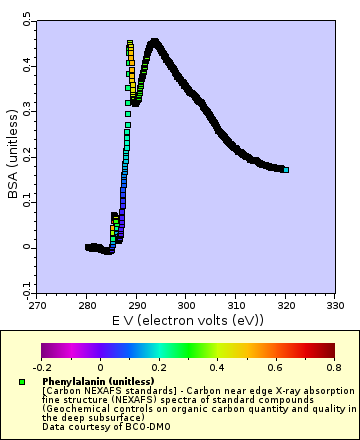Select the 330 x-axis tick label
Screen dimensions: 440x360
335,305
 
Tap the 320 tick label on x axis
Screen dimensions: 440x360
285,305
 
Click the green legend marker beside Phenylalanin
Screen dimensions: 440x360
21,382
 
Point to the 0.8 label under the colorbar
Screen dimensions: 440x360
334,367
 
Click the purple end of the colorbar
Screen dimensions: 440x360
44,350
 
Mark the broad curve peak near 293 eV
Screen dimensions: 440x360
154,42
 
